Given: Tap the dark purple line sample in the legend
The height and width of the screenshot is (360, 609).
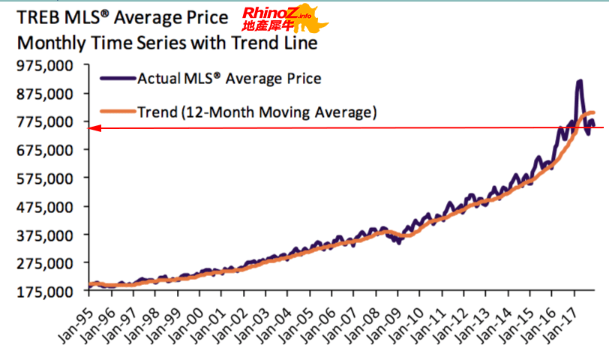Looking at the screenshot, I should click(117, 78).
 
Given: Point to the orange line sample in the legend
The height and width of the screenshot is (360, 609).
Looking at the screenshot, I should click(117, 112).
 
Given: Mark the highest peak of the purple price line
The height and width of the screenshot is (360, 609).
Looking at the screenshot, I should click(580, 81).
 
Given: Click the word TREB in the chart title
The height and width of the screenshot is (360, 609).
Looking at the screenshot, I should click(38, 16).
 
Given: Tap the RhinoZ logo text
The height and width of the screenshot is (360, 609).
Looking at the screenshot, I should click(268, 13).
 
